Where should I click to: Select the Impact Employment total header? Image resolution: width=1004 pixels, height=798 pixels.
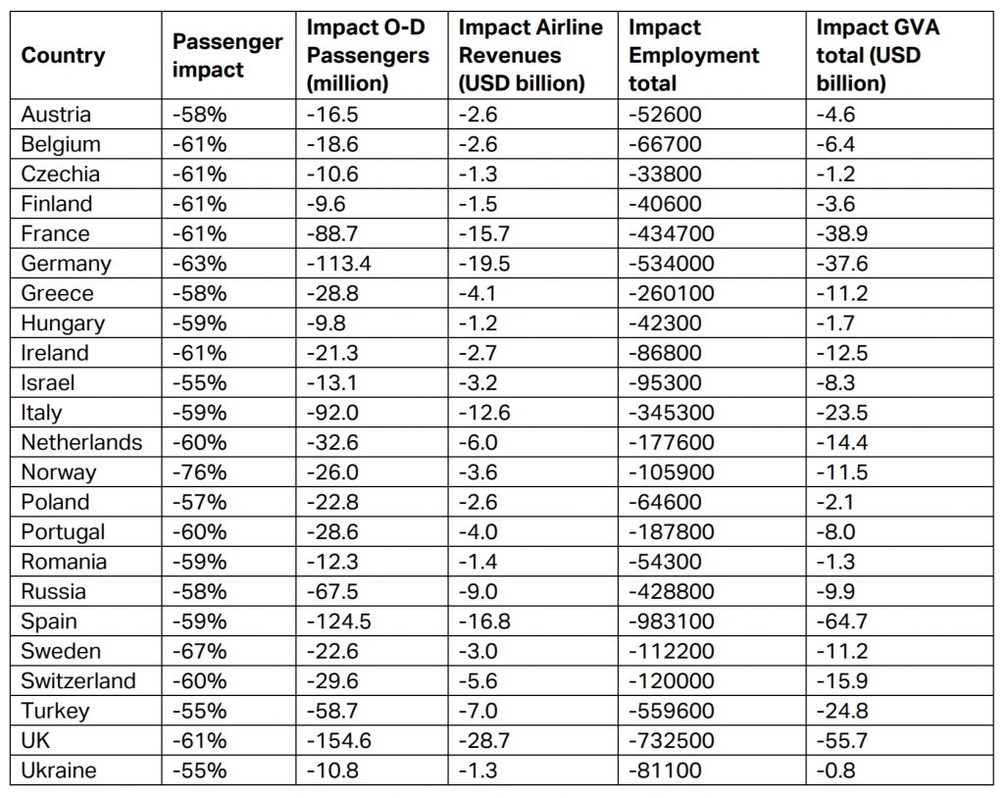click(692, 55)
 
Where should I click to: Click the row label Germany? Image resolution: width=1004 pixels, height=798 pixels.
click(66, 264)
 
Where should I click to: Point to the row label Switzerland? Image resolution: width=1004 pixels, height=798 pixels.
click(78, 681)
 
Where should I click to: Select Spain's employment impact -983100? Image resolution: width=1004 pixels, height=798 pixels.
click(678, 622)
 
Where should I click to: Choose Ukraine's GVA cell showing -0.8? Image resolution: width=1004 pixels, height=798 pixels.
click(835, 771)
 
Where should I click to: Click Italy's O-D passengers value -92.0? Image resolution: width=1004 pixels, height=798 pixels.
click(332, 413)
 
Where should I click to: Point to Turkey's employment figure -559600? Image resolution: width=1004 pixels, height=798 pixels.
click(678, 711)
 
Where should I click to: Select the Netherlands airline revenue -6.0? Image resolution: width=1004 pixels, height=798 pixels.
click(478, 442)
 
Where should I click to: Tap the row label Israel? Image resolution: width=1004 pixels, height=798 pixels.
click(47, 382)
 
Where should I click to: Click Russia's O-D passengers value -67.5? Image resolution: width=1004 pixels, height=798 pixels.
click(332, 591)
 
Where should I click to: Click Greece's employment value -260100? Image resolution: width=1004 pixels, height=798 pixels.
click(678, 293)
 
